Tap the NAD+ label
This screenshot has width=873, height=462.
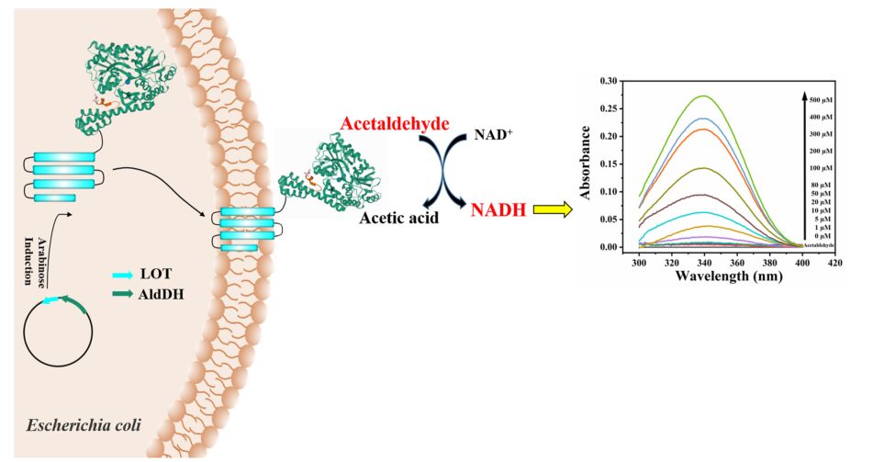point(490,134)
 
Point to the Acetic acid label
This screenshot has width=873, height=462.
point(397,220)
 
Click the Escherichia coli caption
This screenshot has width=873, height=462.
point(81,426)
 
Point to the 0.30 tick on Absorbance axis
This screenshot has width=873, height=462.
point(608,82)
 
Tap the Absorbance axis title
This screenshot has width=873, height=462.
point(588,165)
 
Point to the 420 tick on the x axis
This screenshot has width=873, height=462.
point(834,263)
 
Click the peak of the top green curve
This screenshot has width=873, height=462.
point(703,96)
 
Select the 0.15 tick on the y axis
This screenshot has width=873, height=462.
point(608,164)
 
